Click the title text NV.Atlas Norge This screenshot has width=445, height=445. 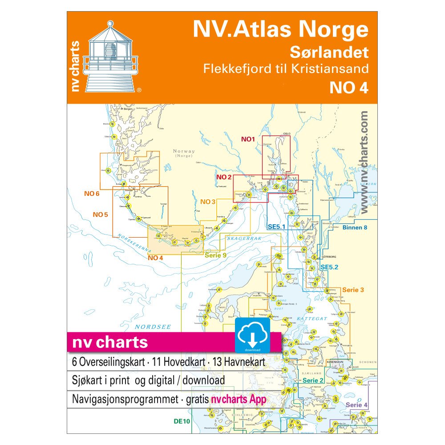pos(280,30)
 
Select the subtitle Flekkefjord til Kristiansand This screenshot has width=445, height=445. pos(285,69)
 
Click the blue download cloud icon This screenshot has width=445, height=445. pos(252,335)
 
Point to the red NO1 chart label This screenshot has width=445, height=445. pos(248,139)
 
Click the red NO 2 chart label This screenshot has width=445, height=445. pos(224,177)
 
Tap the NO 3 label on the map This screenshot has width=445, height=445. pos(208,202)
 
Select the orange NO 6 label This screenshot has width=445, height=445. pos(92,194)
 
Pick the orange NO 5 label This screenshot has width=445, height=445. pos(100,214)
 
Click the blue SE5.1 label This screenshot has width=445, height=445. pos(276,227)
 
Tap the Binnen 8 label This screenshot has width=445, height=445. pos(355,227)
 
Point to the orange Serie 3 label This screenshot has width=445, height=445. pos(353,290)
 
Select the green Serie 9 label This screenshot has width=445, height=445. pos(215,255)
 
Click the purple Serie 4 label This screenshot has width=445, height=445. pos(356,405)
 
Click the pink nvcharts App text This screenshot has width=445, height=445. pos(239,399)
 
